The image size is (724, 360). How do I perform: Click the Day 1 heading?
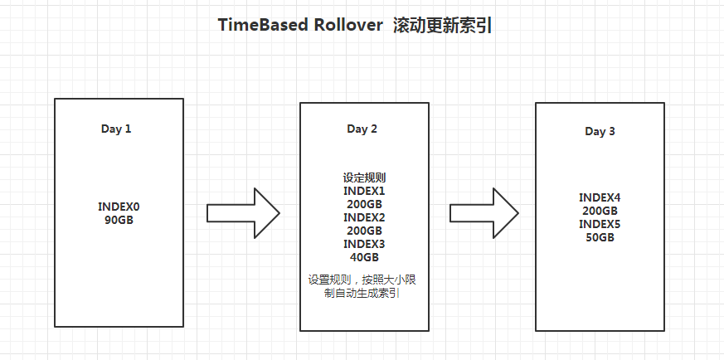(116, 129)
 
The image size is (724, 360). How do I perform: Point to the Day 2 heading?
(362, 129)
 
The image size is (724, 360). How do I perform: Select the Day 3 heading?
(600, 131)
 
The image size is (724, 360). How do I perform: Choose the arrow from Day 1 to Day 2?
(242, 212)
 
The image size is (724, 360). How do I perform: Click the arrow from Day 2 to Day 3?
(484, 212)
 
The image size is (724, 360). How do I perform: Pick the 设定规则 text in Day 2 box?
(363, 178)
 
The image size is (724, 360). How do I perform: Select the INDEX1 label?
(363, 191)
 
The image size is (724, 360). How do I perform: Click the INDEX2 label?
(363, 217)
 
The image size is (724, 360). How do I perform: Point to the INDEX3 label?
(363, 244)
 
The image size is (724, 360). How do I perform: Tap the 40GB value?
(363, 257)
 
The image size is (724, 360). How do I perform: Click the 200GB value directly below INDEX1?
(363, 204)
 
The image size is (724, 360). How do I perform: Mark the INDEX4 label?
(600, 197)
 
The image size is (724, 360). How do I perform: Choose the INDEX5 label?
(600, 224)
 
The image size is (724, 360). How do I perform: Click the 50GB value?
(600, 237)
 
